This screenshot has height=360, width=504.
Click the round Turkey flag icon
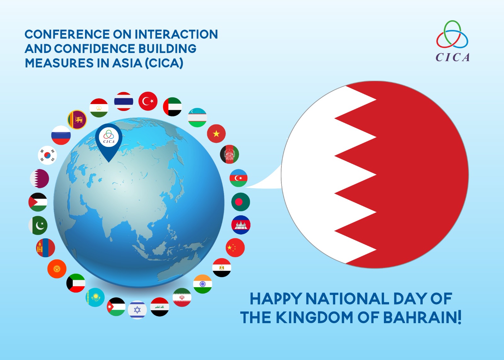(x=148, y=101)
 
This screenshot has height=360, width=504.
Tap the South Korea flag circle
(x=48, y=155)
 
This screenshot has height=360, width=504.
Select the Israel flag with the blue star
(x=137, y=310)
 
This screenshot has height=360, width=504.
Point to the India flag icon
(x=203, y=284)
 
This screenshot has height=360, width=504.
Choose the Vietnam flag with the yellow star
(x=216, y=134)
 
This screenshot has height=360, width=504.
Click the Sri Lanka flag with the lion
(x=77, y=119)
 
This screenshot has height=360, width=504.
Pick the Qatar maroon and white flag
(x=39, y=178)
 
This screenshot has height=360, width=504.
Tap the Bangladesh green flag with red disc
(x=241, y=202)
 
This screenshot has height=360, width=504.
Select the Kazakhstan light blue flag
(x=95, y=297)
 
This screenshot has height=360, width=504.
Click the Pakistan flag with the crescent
(x=38, y=225)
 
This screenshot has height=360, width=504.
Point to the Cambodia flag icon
(x=241, y=225)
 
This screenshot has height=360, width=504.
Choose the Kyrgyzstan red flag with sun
(x=57, y=269)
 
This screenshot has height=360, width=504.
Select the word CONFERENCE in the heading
(x=67, y=34)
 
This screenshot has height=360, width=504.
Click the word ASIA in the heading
(x=127, y=63)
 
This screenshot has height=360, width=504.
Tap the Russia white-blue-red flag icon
(x=61, y=135)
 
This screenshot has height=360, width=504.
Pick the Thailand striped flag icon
(x=123, y=101)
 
